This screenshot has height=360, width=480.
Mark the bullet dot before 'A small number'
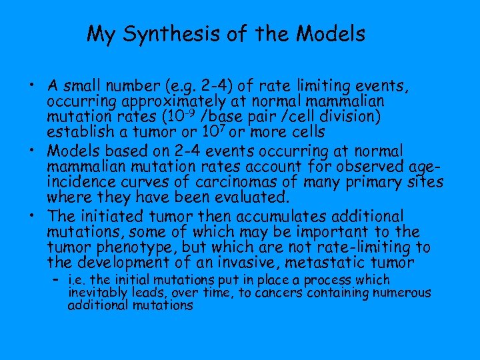pyautogui.click(x=32, y=87)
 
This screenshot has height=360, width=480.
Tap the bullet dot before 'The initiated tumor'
pyautogui.click(x=32, y=217)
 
